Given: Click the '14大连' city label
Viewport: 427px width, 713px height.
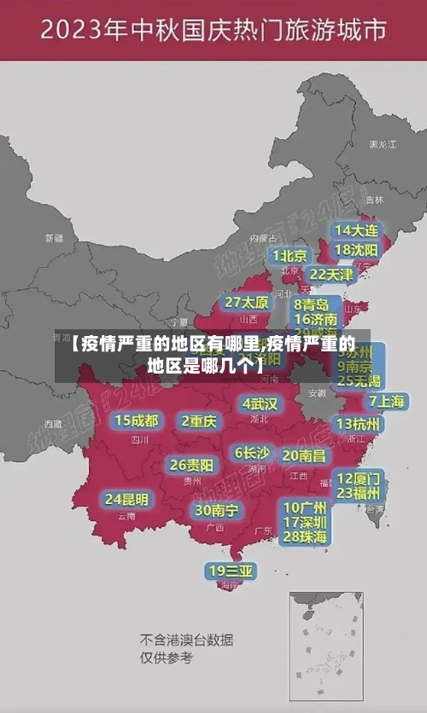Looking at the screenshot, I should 357,230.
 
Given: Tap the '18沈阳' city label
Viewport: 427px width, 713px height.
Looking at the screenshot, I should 357,250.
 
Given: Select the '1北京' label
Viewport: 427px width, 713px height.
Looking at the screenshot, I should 290,256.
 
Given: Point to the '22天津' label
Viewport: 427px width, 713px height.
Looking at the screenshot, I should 330,275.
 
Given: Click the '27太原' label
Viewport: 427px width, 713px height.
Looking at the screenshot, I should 247,302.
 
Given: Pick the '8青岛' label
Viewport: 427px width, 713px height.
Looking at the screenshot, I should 312,304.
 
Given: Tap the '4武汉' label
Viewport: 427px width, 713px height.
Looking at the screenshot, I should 260,403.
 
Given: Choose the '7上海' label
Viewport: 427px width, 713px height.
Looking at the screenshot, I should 386,401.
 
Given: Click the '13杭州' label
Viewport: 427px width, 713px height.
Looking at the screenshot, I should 359,424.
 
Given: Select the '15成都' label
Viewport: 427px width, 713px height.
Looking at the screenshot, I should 137,420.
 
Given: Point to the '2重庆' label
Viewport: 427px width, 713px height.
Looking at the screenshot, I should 200,420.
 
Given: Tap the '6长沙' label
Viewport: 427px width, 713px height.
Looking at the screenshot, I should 252,453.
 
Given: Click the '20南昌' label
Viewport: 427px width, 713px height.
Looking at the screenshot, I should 303,455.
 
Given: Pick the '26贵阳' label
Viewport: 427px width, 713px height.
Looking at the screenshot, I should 191,465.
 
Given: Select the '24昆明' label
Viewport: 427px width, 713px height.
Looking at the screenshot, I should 126,498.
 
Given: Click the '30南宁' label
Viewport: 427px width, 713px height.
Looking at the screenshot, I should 216,510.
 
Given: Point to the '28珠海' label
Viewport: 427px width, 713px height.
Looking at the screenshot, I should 305,536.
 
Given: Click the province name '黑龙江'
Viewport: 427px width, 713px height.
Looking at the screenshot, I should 382,145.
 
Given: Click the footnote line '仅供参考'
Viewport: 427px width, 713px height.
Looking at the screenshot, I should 167,658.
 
